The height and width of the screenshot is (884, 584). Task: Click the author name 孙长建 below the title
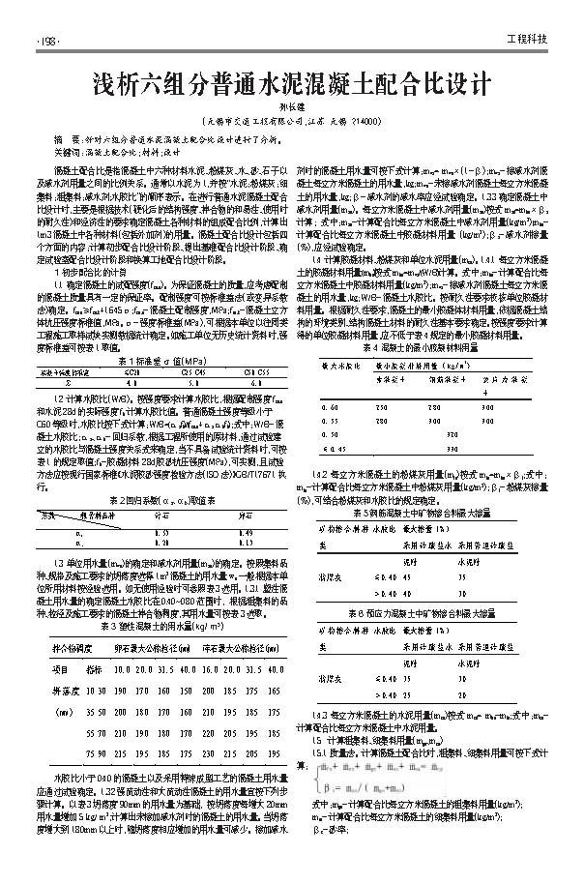point(291,108)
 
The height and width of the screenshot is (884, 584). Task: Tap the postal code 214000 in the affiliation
point(370,122)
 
